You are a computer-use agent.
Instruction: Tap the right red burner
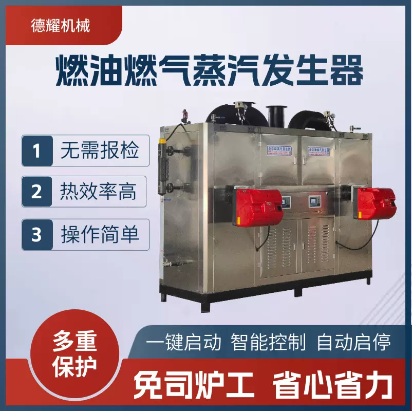tap(376, 202)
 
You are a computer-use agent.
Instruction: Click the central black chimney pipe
tap(275, 116)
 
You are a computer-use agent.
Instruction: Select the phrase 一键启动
tap(184, 342)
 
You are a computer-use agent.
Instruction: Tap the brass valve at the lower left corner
tap(169, 263)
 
